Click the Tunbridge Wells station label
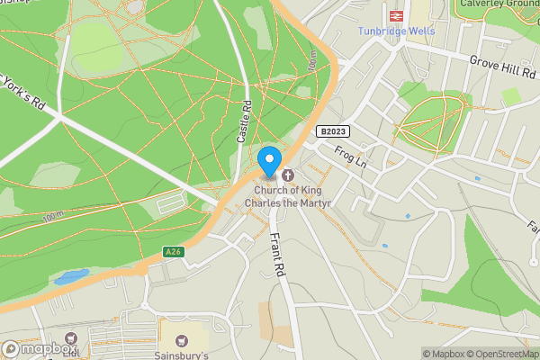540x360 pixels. [x=397, y=31]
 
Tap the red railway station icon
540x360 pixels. [x=396, y=15]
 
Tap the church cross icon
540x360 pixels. [x=289, y=175]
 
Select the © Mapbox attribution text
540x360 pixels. [x=443, y=354]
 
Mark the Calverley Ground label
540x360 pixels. [x=499, y=4]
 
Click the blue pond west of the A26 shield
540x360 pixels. [x=71, y=276]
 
